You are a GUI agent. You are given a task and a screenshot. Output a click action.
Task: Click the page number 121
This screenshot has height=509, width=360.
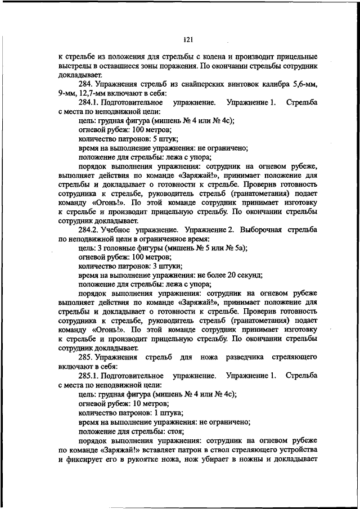pos(188,39)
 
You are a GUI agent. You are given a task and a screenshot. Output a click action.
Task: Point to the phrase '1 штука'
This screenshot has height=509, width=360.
pos(166,412)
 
